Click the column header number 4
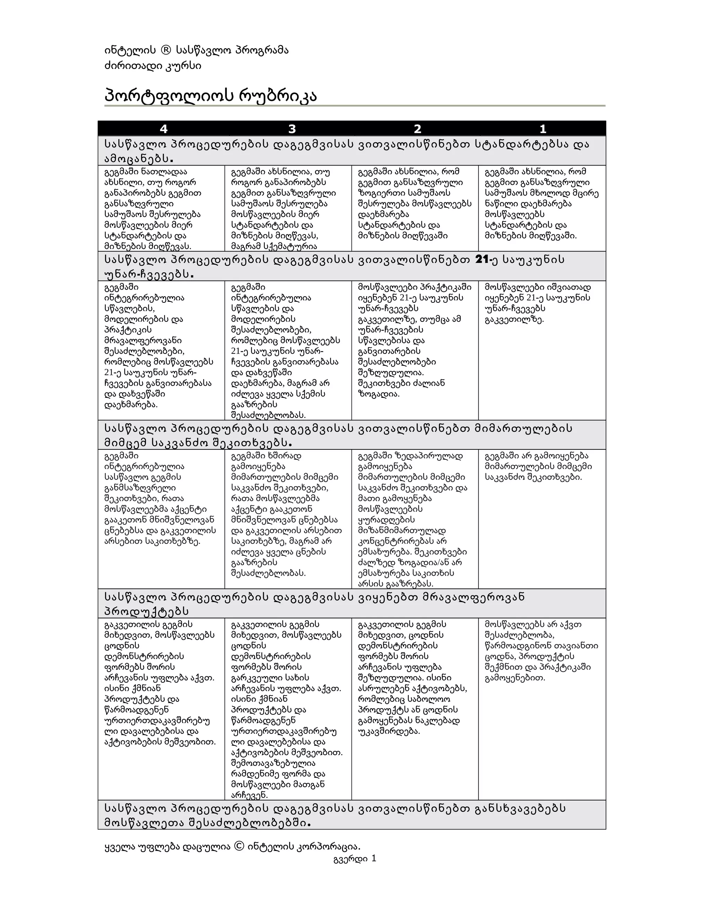[x=163, y=129]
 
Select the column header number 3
[x=292, y=129]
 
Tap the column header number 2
[x=417, y=129]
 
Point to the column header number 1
[x=543, y=129]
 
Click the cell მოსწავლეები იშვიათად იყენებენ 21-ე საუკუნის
[x=538, y=303]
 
